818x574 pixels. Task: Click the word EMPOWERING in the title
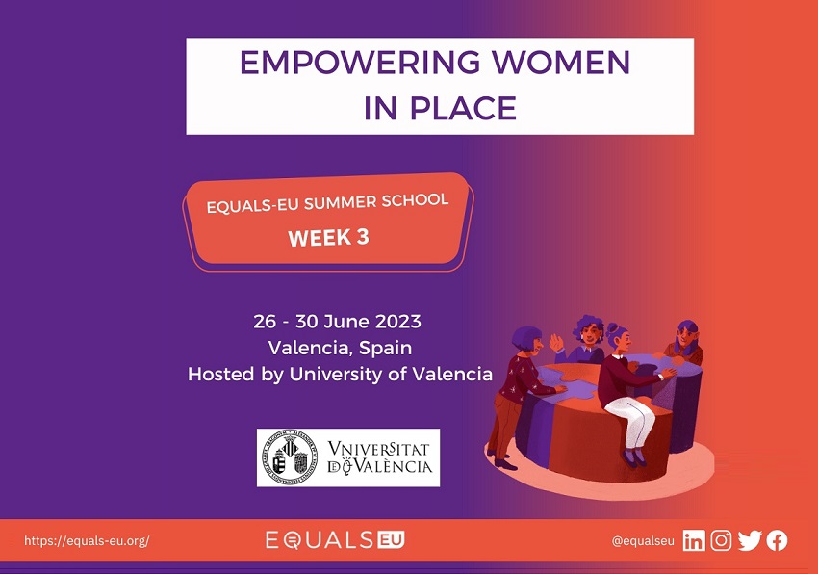tap(360, 62)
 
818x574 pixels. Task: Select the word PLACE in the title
tap(463, 108)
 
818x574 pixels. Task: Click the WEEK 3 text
tap(329, 238)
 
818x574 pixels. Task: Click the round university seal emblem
tap(290, 457)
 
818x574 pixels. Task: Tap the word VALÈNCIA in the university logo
tap(393, 466)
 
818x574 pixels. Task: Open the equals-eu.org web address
tap(87, 540)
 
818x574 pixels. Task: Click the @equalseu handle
tap(643, 541)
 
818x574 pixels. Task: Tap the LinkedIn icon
tap(694, 540)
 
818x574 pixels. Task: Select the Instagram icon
tap(721, 540)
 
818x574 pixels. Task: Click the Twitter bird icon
tap(750, 540)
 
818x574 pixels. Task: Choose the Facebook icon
tap(777, 540)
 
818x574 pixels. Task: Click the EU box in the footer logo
tap(392, 540)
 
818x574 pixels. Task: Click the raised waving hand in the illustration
tap(556, 343)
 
